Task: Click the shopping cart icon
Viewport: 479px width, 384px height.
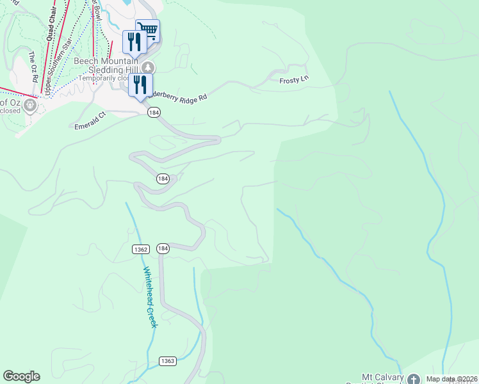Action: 148,29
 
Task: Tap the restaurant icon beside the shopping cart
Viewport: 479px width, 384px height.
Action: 134,42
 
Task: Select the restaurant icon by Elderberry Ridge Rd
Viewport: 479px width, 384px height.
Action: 140,84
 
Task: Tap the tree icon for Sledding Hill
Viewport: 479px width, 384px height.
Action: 149,67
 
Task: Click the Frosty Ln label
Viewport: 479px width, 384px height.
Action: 294,81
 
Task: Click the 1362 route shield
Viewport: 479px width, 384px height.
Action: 142,248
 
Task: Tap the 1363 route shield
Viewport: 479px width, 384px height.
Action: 168,361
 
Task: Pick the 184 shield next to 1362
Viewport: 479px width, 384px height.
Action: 163,248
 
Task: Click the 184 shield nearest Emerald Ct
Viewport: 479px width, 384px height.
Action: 153,112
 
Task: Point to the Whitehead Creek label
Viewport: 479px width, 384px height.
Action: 150,297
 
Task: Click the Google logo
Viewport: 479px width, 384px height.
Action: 21,376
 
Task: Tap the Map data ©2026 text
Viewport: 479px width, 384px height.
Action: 452,380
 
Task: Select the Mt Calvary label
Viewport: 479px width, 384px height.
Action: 383,378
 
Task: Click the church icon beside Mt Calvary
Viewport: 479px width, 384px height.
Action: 413,380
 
